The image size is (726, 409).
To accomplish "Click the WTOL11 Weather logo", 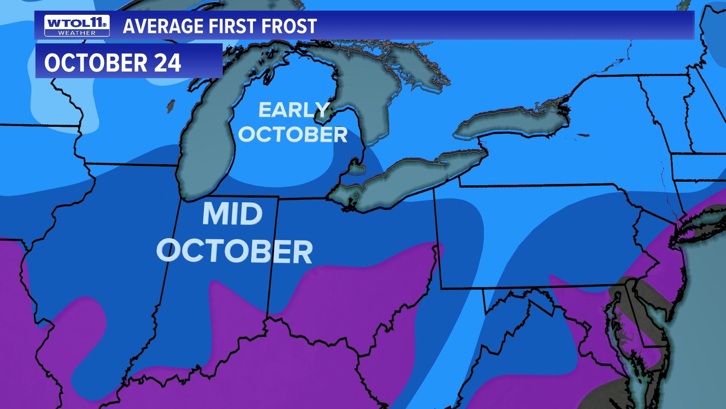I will coord(77,25).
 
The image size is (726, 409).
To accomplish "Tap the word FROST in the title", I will coord(289,26).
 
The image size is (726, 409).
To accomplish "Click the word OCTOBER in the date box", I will coord(96,63).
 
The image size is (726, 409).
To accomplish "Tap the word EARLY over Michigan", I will coord(294,110).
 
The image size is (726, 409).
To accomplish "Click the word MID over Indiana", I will coord(232,214).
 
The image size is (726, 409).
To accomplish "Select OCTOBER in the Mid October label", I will coord(234,251).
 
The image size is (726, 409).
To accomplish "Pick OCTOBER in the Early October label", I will coord(293,134).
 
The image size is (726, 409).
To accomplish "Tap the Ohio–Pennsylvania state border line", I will coord(437,235).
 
